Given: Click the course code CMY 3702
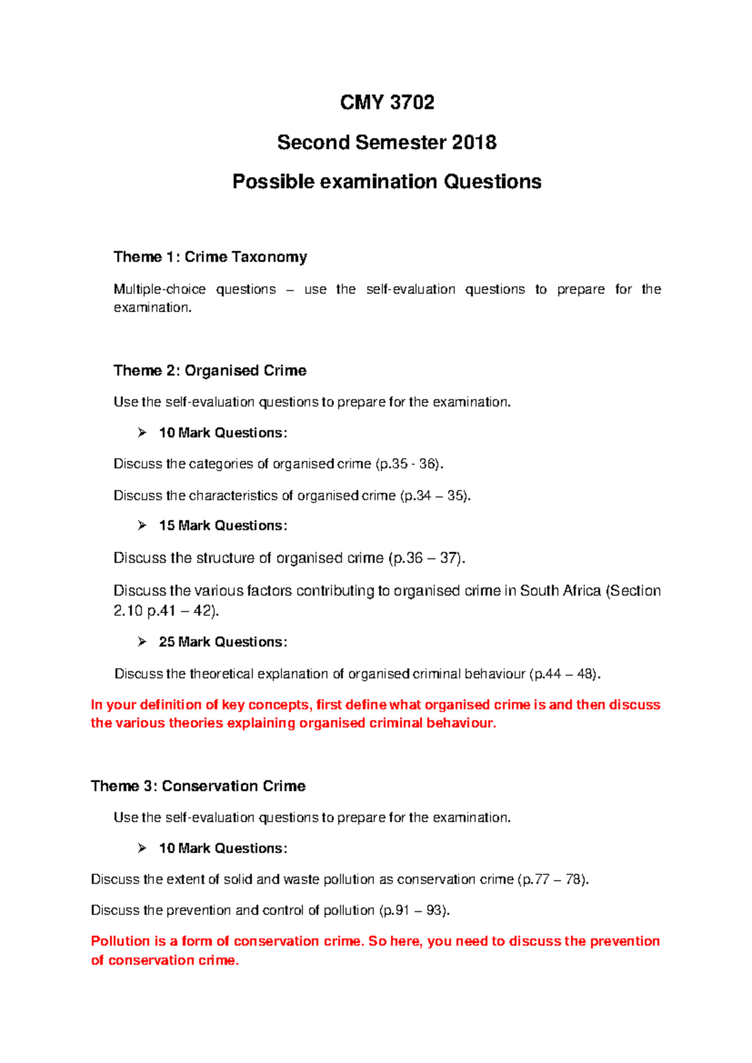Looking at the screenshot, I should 387,102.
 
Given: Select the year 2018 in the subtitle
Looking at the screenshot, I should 474,142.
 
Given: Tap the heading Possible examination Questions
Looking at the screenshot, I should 387,182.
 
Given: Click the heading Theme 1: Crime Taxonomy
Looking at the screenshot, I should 210,257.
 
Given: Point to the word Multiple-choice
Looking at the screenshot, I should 159,289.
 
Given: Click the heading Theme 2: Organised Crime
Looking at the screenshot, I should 210,370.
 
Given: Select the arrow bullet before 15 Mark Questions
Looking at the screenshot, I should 142,525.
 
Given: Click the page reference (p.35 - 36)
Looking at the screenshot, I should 410,464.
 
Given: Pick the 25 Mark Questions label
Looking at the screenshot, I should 222,642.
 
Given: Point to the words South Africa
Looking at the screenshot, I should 560,590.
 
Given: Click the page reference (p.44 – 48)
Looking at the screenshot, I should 565,674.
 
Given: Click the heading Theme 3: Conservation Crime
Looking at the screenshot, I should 198,786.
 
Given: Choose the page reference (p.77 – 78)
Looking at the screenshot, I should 553,879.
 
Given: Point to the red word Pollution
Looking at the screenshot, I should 120,941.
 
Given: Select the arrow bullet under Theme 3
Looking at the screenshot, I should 142,848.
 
